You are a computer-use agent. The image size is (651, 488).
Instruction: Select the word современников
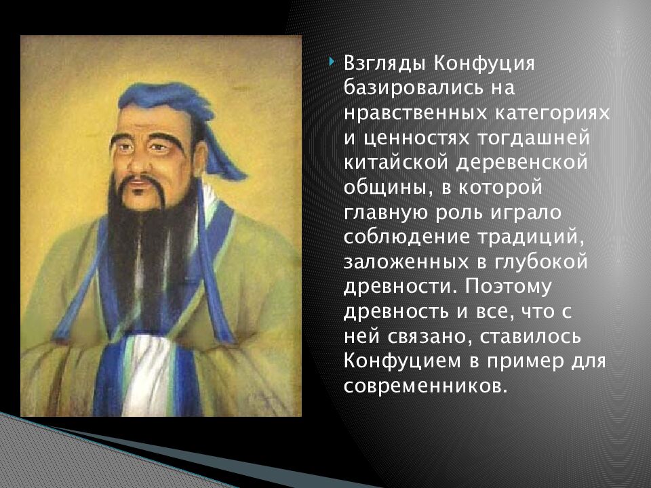[425, 384]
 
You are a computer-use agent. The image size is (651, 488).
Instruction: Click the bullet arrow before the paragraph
[331, 62]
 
